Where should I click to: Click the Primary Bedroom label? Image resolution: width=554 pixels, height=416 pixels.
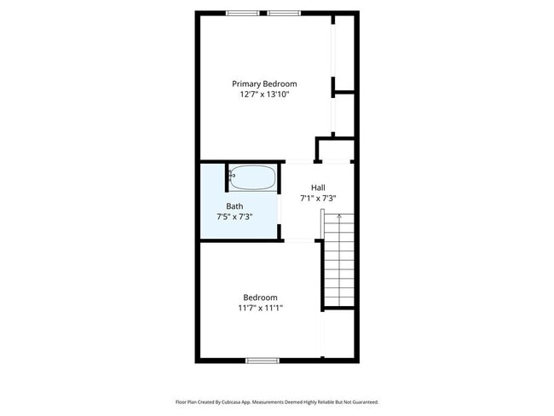pos(264,84)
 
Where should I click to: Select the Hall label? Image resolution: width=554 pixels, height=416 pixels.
pos(318,188)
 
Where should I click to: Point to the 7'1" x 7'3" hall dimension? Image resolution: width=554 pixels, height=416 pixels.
pos(318,199)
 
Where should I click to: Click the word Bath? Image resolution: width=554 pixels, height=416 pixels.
pos(234,206)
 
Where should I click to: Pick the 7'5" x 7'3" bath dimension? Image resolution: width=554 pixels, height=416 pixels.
pos(234,217)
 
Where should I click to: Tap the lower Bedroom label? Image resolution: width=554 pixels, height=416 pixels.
pos(261,298)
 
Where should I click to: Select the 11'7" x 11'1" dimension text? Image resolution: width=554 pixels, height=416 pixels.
pos(261,309)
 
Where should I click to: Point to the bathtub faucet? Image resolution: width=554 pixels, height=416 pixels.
pos(232,175)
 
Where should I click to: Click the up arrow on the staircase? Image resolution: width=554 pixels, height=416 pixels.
pos(339,217)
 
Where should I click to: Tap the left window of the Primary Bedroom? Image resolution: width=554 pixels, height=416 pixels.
pos(243,13)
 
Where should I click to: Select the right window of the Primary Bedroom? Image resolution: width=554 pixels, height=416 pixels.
pos(285,13)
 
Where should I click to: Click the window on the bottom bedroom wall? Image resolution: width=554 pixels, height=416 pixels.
pos(263,360)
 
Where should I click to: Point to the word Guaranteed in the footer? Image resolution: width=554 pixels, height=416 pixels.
pos(363,402)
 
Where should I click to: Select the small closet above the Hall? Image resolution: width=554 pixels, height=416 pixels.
pos(334,149)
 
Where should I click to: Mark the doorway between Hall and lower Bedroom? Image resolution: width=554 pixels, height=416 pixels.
pos(300,241)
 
